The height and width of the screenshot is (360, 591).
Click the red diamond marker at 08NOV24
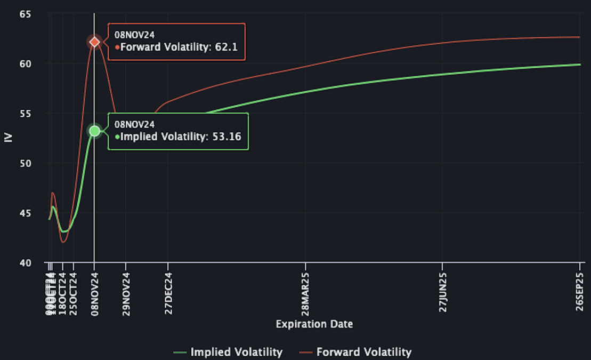coord(94,42)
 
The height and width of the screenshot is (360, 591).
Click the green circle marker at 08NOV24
coord(94,131)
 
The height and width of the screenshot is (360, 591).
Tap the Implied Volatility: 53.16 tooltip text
coord(181,137)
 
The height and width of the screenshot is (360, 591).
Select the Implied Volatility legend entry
coord(228,352)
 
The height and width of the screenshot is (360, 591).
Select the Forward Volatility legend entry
coord(355,352)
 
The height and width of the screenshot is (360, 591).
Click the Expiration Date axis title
coord(314,324)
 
